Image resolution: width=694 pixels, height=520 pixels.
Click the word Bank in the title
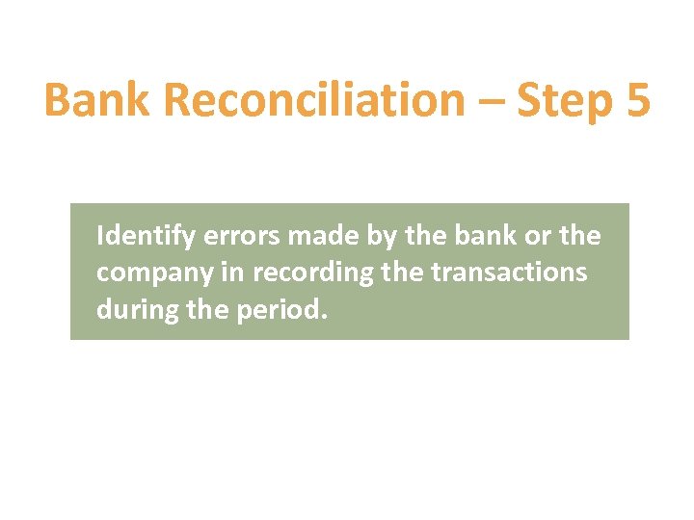[x=90, y=101]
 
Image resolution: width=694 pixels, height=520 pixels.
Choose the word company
[x=153, y=273]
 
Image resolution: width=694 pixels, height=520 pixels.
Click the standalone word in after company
[x=233, y=273]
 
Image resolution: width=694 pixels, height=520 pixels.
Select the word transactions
[x=508, y=273]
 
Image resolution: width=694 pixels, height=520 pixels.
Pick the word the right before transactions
[x=402, y=273]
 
